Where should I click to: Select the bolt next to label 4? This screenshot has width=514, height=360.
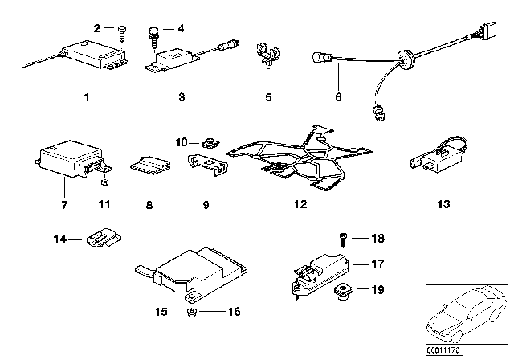(x=150, y=33)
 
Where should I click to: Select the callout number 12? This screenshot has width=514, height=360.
(x=300, y=205)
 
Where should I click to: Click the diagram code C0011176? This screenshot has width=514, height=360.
(x=443, y=350)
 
